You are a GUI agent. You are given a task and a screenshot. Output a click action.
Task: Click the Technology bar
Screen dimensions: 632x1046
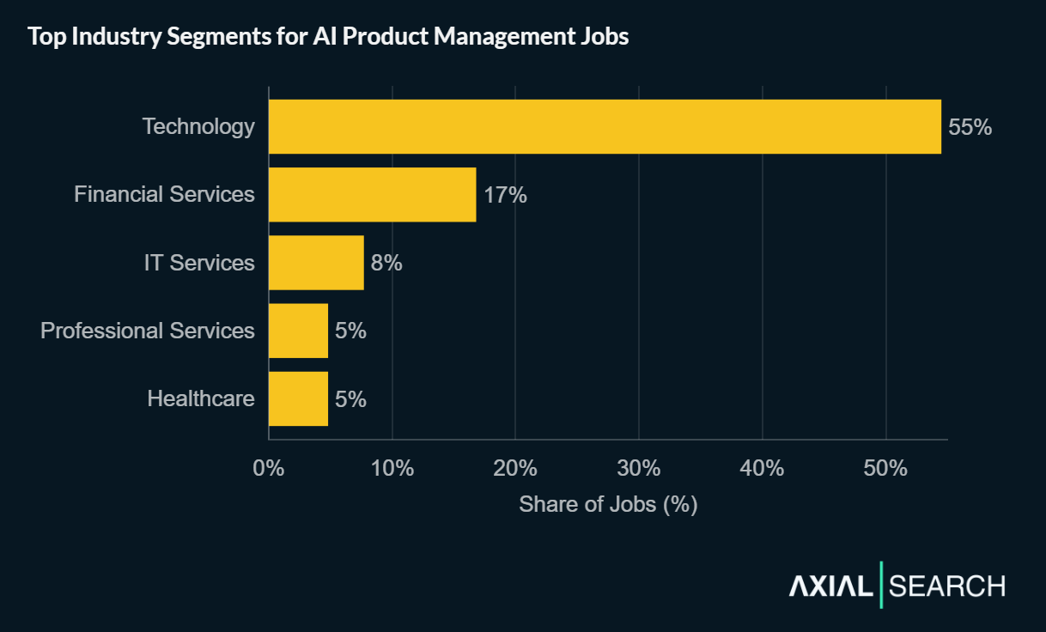(x=605, y=127)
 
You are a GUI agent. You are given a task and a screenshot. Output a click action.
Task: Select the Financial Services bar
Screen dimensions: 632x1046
(x=372, y=195)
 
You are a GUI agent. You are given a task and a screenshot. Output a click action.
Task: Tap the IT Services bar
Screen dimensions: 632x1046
(x=316, y=263)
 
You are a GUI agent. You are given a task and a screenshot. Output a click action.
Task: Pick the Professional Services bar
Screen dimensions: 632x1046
(x=298, y=331)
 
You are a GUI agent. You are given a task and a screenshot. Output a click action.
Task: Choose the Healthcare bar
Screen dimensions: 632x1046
(x=298, y=398)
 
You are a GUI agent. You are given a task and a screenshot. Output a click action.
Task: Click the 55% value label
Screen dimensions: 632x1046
(x=970, y=127)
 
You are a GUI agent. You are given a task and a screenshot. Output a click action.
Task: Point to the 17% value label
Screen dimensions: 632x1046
(x=505, y=195)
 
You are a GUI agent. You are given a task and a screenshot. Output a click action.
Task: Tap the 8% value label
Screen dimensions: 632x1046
(x=386, y=263)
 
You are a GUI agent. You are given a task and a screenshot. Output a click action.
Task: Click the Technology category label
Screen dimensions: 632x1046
(x=198, y=127)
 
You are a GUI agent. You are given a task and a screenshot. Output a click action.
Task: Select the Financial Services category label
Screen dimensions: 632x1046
(x=164, y=195)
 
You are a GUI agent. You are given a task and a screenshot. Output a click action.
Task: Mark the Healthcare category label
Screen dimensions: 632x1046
(x=201, y=398)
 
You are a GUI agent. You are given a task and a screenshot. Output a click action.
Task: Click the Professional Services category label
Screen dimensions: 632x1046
(x=148, y=331)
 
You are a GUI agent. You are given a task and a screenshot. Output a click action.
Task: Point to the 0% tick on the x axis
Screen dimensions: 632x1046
(x=269, y=469)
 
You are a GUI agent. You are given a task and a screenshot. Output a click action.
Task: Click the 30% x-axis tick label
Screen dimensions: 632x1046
(x=639, y=469)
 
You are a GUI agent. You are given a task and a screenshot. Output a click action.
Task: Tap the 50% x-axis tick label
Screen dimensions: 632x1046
(x=885, y=469)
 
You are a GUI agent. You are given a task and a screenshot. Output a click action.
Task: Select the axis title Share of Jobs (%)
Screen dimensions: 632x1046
(x=608, y=504)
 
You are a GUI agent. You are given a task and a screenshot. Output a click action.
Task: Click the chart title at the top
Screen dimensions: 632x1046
(x=328, y=38)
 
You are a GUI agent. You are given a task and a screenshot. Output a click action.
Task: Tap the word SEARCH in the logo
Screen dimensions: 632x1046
(x=946, y=586)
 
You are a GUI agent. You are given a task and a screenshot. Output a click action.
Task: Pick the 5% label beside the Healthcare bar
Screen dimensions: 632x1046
(x=350, y=398)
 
